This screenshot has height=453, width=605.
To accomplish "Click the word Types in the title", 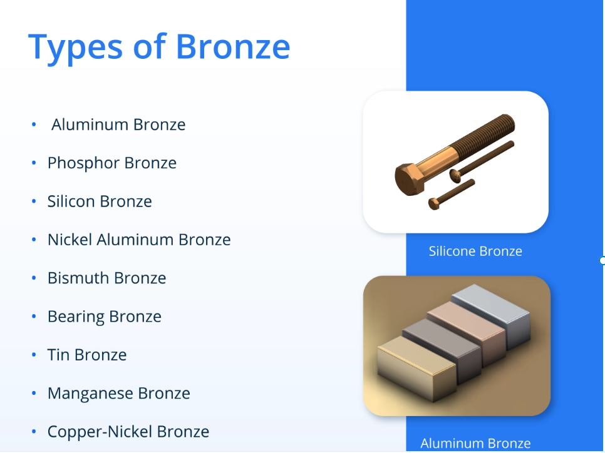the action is pyautogui.click(x=76, y=47).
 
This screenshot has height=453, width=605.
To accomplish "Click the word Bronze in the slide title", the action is pyautogui.click(x=232, y=46).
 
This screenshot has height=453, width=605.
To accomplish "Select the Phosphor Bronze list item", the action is pyautogui.click(x=112, y=163).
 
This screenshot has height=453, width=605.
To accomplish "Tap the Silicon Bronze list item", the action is pyautogui.click(x=100, y=201).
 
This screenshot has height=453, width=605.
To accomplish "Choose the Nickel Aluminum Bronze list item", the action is pyautogui.click(x=139, y=240).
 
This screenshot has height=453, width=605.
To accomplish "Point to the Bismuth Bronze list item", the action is pyautogui.click(x=107, y=278).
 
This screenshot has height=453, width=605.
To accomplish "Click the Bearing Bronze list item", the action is pyautogui.click(x=105, y=317).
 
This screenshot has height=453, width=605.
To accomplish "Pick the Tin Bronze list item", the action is pyautogui.click(x=87, y=355).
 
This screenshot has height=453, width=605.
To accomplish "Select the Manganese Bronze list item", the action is pyautogui.click(x=119, y=393).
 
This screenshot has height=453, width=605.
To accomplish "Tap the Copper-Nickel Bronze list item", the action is pyautogui.click(x=128, y=432).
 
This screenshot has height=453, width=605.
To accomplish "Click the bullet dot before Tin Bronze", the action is pyautogui.click(x=34, y=355).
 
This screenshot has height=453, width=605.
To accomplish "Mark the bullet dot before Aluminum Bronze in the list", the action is pyautogui.click(x=34, y=125).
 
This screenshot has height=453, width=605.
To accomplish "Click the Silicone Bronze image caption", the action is pyautogui.click(x=475, y=251).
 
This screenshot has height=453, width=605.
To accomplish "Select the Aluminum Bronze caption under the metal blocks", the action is pyautogui.click(x=475, y=444).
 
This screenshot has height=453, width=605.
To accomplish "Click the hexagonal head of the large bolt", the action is pyautogui.click(x=409, y=179).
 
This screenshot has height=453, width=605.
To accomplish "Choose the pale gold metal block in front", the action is pyautogui.click(x=416, y=368).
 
